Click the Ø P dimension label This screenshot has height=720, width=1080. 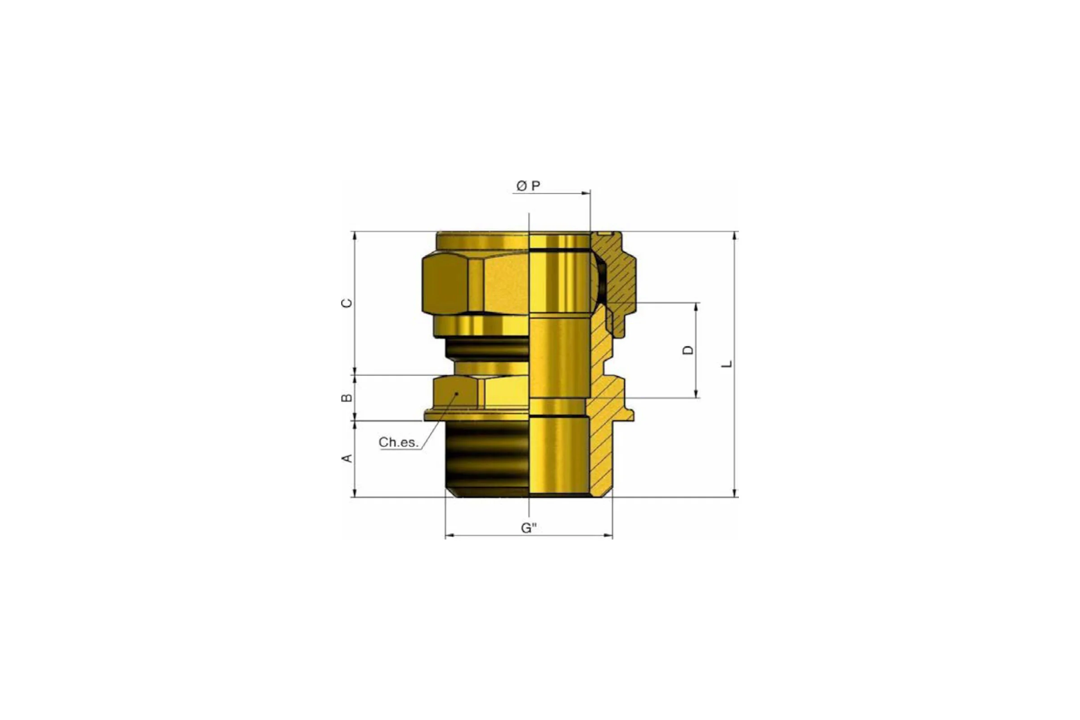pos(528,186)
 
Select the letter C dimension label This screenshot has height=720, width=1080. pos(347,303)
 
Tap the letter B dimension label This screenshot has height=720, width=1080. pos(347,398)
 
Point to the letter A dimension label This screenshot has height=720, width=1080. pos(347,458)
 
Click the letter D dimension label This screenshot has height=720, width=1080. pos(688,350)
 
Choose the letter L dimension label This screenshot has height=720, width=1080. pos(727,364)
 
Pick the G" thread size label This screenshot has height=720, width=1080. pos(528,528)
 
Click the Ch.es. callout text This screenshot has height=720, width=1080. pos(399,442)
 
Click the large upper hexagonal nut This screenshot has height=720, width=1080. pos(475,285)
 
